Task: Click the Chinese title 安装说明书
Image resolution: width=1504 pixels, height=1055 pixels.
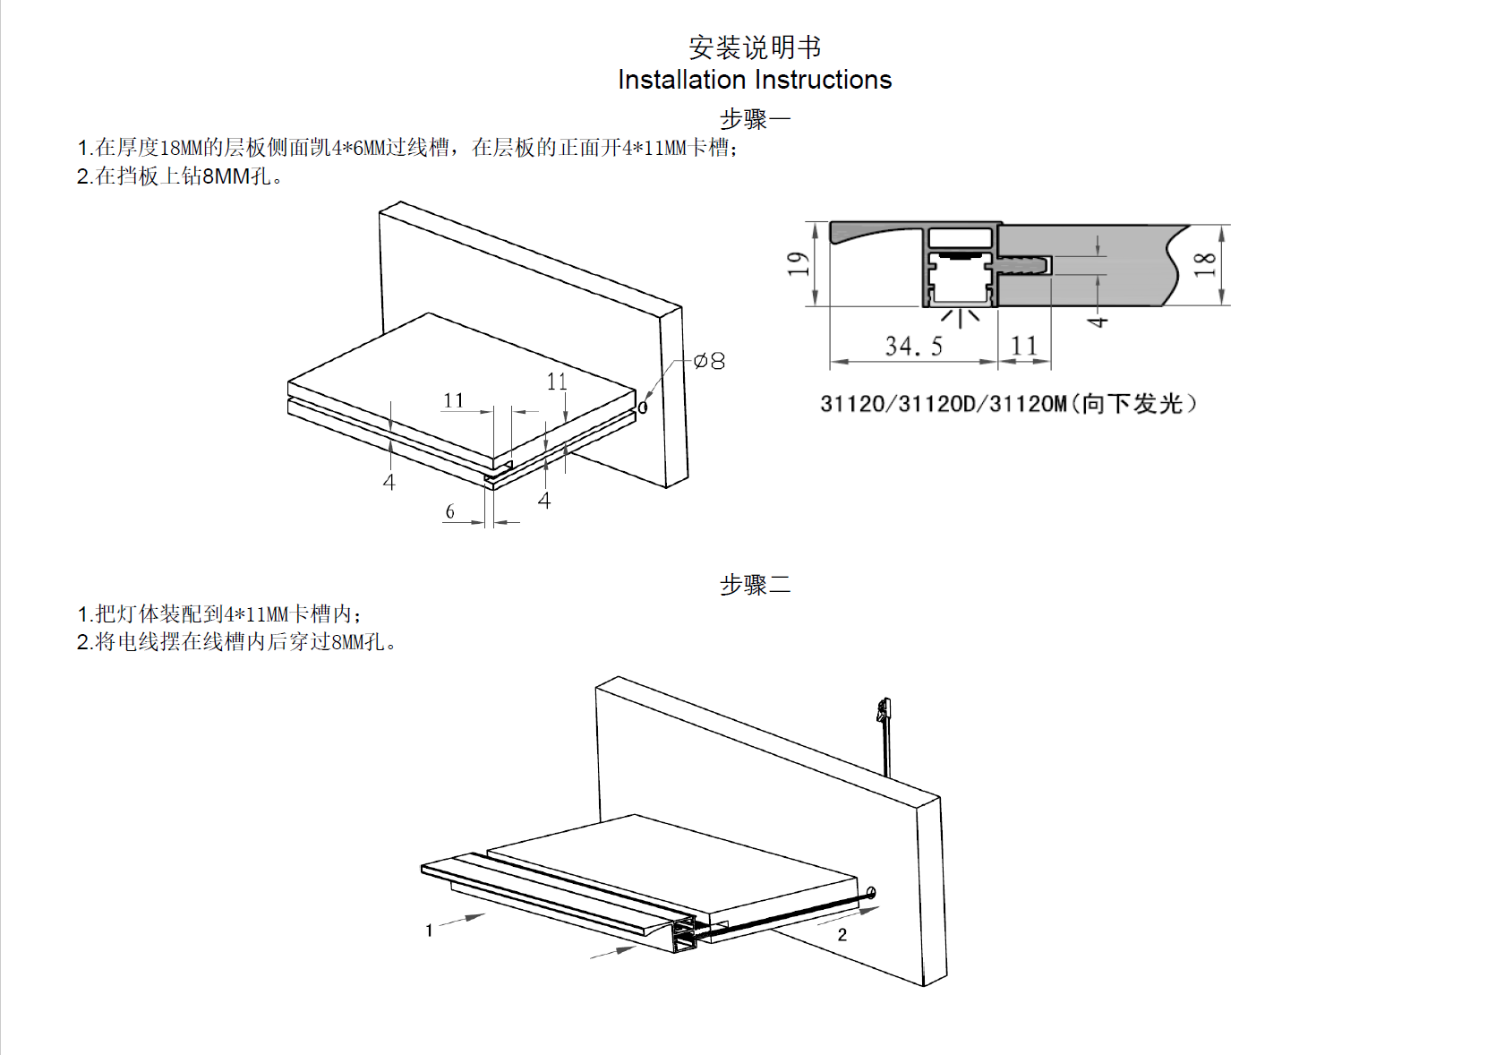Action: click(x=754, y=47)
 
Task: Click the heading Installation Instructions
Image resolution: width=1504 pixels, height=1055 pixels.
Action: click(x=754, y=80)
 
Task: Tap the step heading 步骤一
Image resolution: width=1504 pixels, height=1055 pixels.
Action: click(x=755, y=119)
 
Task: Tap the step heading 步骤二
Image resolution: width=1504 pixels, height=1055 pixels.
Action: click(x=755, y=585)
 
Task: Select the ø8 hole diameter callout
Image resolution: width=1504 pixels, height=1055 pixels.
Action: click(x=709, y=361)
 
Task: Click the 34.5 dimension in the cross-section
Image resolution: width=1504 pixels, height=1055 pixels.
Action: click(x=913, y=347)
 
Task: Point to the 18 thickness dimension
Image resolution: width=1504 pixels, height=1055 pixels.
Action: click(x=1205, y=263)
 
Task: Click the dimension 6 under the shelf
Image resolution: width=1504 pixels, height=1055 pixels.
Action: click(x=450, y=511)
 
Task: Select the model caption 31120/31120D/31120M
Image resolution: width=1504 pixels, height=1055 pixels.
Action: click(x=1008, y=404)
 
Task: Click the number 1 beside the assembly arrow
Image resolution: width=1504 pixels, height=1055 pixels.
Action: click(x=430, y=931)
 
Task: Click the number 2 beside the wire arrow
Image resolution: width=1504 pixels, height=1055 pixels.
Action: click(x=842, y=935)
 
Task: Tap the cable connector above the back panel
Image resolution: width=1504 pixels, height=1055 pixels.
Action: click(x=884, y=712)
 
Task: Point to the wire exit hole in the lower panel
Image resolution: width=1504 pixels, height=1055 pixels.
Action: click(x=871, y=892)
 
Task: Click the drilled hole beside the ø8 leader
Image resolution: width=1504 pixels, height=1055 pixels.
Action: click(x=643, y=408)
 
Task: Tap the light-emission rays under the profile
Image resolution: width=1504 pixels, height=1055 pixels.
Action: click(x=961, y=317)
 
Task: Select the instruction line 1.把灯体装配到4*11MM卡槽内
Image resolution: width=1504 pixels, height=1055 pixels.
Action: click(x=219, y=614)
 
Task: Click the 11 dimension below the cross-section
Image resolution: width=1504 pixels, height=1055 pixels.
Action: click(x=1024, y=346)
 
